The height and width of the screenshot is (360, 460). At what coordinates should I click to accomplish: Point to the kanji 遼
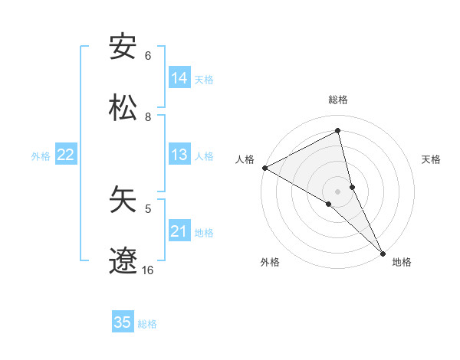123,260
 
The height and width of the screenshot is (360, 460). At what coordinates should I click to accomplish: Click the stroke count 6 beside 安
148,56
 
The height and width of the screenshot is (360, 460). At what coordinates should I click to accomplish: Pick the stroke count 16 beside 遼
148,270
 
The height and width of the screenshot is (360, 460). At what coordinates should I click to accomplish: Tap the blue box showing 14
179,78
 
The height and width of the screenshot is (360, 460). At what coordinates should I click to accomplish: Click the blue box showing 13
179,155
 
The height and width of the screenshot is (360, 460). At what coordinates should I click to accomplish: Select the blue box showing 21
179,231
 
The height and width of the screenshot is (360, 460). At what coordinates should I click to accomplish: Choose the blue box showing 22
66,155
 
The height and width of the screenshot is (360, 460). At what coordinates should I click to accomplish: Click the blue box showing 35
123,322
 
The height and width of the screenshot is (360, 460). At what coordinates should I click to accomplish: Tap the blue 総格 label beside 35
147,324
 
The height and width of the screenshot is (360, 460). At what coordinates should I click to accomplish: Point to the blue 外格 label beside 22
41,156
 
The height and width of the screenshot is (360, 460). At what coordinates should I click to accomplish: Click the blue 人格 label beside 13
204,156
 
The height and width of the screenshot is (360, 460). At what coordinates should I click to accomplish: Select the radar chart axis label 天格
431,159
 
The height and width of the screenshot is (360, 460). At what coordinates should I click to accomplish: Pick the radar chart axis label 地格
402,262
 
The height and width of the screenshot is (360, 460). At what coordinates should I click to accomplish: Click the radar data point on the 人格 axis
264,168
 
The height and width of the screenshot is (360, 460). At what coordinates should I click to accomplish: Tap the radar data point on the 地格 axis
383,253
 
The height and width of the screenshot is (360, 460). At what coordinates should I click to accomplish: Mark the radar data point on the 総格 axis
338,131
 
